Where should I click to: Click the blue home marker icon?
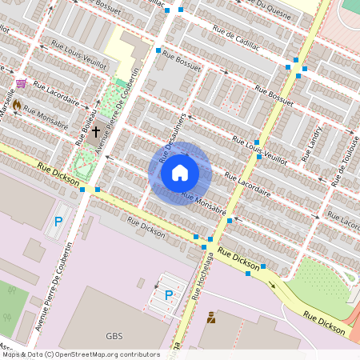point(180,173)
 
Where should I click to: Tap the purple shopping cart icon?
point(20,82)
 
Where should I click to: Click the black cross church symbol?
point(95,130)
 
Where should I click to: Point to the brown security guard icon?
point(211,318)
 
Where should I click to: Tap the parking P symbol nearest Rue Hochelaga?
point(169,295)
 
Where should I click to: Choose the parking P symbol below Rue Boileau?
point(57,222)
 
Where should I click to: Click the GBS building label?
point(114,336)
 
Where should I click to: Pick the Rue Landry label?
point(311,145)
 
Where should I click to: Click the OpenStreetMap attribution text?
point(80,354)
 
